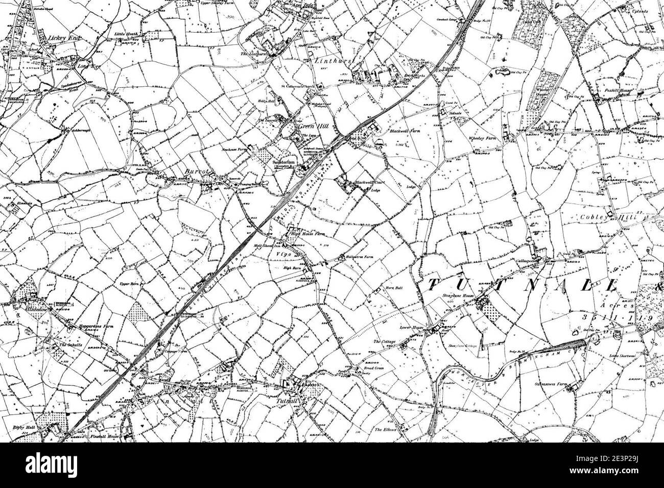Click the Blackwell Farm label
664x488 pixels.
coord(405,131)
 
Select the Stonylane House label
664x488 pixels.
coord(455,295)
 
